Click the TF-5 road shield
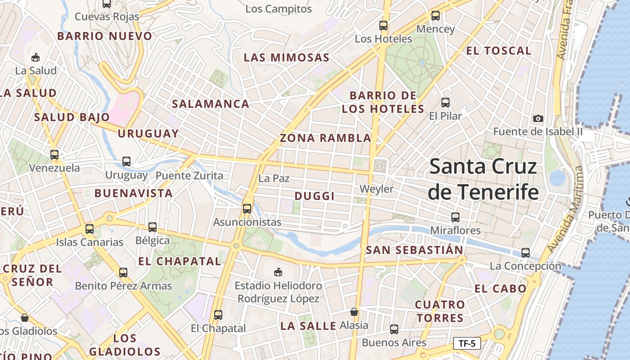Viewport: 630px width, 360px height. (x=467, y=344)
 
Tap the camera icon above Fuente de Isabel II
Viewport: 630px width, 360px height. (x=538, y=119)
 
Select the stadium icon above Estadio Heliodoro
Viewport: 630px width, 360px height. (x=278, y=272)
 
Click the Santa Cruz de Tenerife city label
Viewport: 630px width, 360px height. (x=483, y=179)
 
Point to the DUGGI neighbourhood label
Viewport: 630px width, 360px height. (x=315, y=196)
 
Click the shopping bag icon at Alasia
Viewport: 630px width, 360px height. (x=354, y=312)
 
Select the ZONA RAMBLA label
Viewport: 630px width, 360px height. (x=325, y=138)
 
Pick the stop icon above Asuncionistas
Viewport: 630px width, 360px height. (x=247, y=209)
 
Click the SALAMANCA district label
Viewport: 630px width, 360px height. (x=210, y=104)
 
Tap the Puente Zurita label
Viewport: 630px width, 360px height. (x=189, y=175)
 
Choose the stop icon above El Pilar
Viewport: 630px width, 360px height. (x=445, y=103)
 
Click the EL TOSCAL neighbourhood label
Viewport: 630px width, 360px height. (x=499, y=51)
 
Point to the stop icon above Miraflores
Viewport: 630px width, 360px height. (x=455, y=217)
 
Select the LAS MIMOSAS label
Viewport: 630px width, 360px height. (x=286, y=58)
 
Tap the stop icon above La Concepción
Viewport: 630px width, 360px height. (x=525, y=253)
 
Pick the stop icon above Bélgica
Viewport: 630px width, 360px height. (x=153, y=227)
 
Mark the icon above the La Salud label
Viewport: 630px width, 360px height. (x=36, y=58)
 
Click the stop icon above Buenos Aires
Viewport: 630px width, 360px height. (x=394, y=329)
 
